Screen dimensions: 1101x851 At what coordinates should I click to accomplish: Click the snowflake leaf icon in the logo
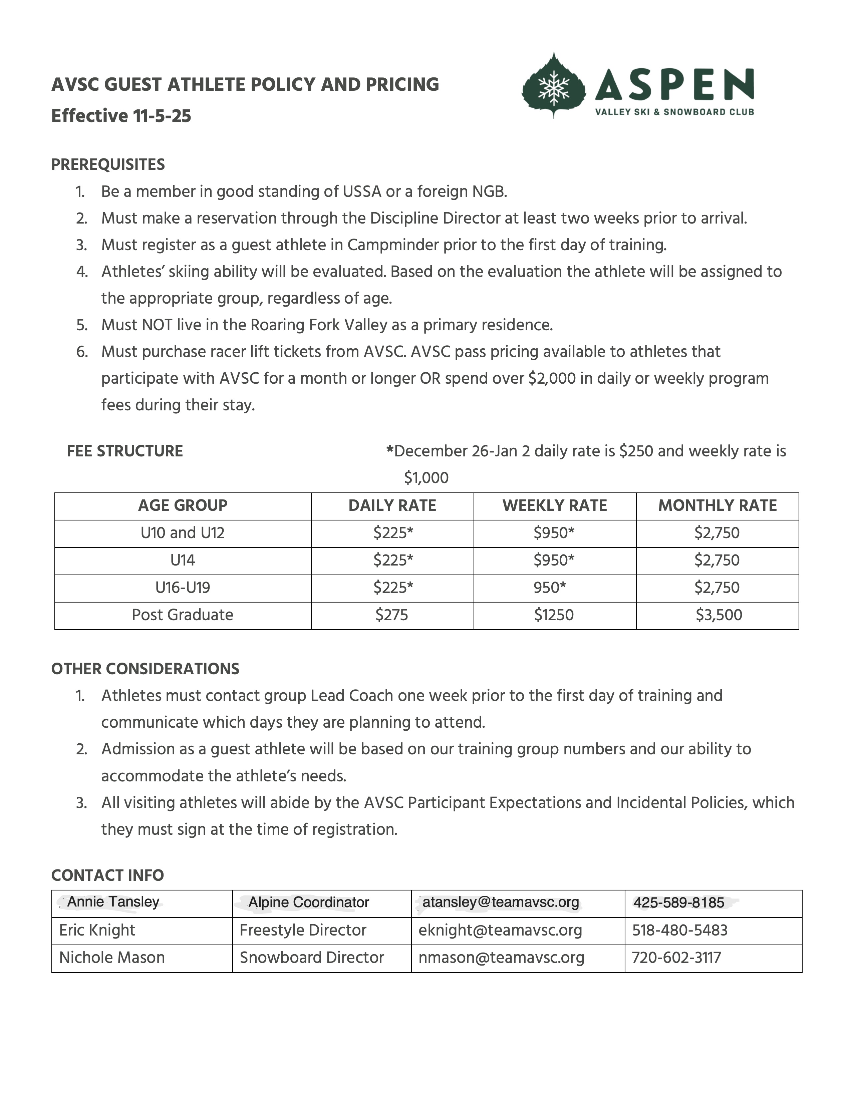click(554, 86)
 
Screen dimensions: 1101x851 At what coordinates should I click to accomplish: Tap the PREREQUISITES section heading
click(108, 164)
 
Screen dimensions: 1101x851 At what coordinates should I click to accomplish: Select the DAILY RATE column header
click(392, 506)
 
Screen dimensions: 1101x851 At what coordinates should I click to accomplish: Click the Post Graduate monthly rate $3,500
click(719, 615)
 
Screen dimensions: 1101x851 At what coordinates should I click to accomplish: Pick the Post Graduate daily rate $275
click(392, 615)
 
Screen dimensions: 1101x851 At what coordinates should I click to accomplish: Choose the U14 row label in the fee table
click(183, 560)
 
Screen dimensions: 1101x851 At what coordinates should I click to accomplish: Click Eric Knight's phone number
click(679, 930)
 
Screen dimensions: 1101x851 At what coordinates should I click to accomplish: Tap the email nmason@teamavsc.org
click(501, 957)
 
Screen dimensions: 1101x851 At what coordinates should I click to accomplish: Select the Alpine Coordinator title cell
click(309, 902)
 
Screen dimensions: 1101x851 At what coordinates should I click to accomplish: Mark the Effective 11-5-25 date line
click(121, 116)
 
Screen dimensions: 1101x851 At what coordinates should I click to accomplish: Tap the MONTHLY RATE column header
click(718, 506)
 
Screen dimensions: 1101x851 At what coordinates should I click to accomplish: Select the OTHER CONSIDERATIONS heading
click(145, 669)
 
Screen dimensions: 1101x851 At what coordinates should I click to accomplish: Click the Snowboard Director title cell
click(312, 957)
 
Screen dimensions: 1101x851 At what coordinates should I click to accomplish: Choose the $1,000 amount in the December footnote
click(426, 478)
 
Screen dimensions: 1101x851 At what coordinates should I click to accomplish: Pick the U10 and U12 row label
click(183, 533)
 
